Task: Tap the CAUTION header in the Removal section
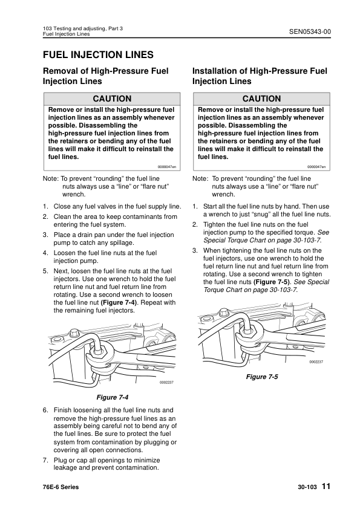point(111,99)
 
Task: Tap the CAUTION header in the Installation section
point(261,99)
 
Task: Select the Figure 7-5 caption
point(261,377)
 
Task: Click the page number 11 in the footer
point(326,487)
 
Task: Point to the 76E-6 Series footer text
point(61,487)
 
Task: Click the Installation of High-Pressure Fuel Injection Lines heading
point(260,76)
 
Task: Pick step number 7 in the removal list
point(45,459)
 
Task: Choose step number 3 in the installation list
point(195,250)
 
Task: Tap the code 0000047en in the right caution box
point(316,166)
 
